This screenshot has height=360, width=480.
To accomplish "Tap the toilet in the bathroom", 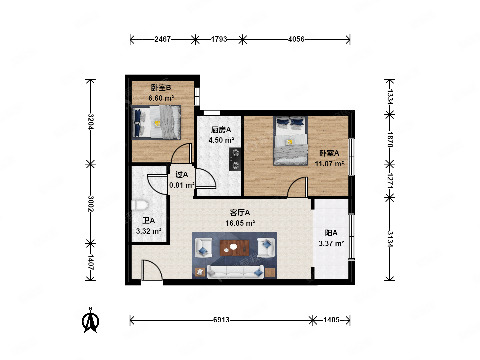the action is (140, 205).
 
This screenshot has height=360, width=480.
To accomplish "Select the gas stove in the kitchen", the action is (235, 159).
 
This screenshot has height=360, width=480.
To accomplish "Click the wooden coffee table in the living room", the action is (234, 248).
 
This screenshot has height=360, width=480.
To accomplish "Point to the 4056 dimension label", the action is (296, 39).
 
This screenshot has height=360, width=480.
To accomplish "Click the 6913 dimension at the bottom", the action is (221, 320).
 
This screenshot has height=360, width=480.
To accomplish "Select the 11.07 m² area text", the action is (329, 164).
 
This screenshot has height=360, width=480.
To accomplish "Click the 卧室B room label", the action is (161, 88).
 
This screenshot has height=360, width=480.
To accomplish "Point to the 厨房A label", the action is (221, 130).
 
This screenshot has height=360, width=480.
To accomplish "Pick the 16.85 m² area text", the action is (240, 223).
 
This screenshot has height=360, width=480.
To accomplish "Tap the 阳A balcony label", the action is (331, 233).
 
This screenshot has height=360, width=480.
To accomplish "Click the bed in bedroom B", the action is (156, 122).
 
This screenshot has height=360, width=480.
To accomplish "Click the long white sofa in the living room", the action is (235, 272).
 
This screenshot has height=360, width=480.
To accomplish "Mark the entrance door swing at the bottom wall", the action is (152, 270).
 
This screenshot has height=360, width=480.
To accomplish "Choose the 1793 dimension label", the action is (219, 39).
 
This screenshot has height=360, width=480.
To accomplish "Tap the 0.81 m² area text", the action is (182, 185).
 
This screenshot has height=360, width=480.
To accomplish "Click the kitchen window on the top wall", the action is (212, 113).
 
